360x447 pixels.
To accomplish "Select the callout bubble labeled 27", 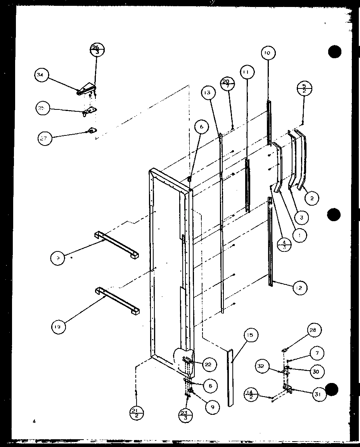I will (x=45, y=138).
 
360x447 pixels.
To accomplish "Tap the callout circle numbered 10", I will (x=268, y=53).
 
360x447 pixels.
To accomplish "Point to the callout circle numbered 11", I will (x=247, y=72).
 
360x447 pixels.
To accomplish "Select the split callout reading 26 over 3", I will (x=97, y=50).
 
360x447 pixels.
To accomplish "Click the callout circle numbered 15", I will (x=251, y=335).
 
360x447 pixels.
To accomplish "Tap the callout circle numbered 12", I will (x=300, y=288).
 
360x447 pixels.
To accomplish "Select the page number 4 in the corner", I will (x=34, y=421).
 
